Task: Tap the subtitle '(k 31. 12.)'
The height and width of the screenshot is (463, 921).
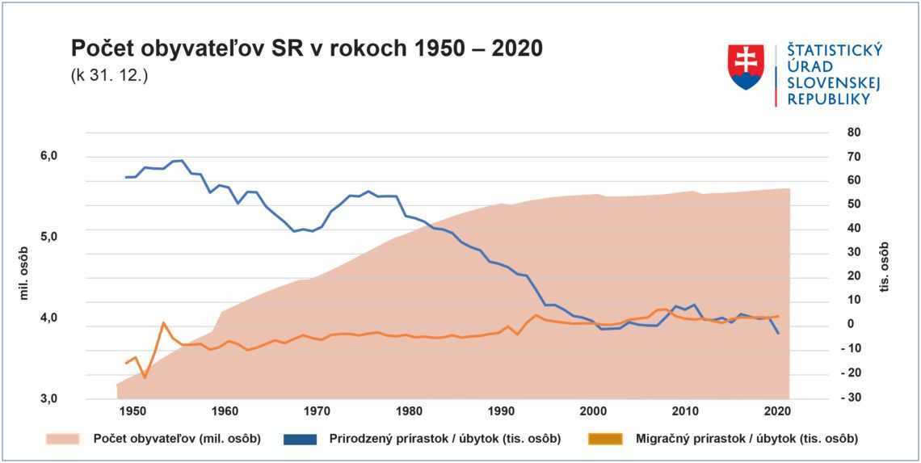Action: point(109,78)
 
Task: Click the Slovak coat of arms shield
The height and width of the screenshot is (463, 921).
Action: point(746,66)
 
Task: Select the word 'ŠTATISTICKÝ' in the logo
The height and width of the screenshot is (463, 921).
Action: point(835,50)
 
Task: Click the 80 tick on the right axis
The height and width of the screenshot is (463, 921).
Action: point(855,132)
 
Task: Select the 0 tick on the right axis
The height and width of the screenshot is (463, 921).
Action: point(850,324)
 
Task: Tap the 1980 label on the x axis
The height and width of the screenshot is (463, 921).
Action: point(410,411)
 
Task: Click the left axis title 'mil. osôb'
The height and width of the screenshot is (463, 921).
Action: point(24,273)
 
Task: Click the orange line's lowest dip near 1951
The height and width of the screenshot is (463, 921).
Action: point(145,377)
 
